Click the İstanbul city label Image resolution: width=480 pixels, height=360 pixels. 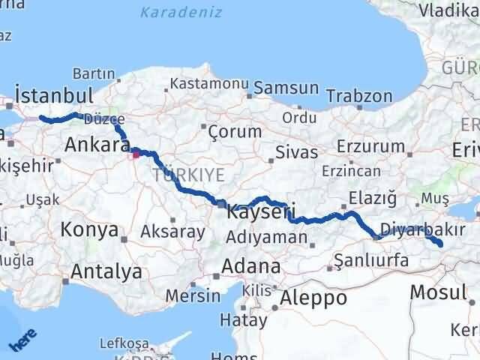pos(53,97)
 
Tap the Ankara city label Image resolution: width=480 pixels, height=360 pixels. pos(93,144)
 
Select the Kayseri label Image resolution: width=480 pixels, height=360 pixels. pos(261,212)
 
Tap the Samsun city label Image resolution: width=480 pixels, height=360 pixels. pos(286,88)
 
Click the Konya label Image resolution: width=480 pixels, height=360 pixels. pos(88,229)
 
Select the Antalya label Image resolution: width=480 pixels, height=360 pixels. pos(107,271)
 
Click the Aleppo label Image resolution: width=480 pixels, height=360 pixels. pos(313,298)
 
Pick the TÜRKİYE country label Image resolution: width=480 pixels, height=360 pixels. pos(188,175)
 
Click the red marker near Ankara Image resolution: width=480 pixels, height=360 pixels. pos(136,155)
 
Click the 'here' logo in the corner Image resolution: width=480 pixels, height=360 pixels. pos(20,342)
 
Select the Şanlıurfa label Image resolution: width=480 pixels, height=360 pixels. pos(370,260)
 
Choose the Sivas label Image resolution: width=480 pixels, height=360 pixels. pos(292,152)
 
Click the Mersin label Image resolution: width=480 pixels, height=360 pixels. pos(193,295)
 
